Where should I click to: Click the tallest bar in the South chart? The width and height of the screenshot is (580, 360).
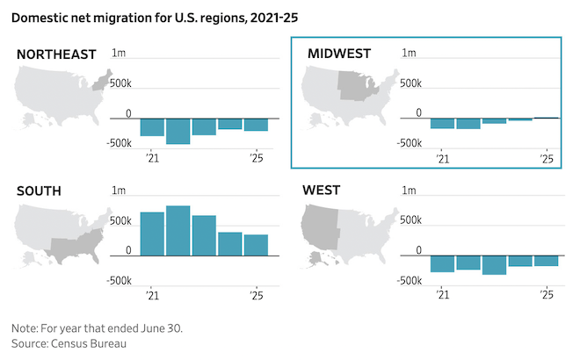click(178, 231)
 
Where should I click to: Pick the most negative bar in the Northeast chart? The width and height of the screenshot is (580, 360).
click(178, 132)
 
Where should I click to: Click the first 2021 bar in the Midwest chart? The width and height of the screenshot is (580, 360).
click(442, 124)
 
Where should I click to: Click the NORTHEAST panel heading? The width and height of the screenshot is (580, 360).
click(56, 54)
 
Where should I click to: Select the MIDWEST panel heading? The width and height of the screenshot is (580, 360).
click(339, 54)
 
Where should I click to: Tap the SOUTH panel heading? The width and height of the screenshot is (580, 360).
click(40, 190)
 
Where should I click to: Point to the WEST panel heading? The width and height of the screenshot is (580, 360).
click(322, 190)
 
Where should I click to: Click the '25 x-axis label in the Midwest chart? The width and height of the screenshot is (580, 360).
click(546, 159)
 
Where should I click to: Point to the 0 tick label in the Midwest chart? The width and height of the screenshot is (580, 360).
click(418, 112)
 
